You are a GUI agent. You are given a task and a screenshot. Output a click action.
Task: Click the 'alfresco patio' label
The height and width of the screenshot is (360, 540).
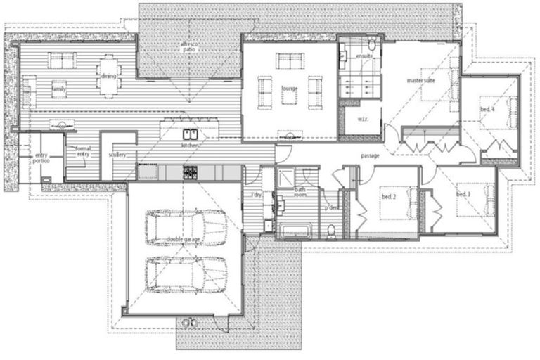click(x=188, y=46)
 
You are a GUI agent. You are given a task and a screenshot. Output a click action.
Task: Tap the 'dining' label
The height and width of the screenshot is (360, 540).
click(x=108, y=76)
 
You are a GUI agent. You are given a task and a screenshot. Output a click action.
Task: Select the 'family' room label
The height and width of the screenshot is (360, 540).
click(x=59, y=89)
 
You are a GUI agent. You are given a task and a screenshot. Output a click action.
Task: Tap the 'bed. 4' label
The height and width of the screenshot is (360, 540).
click(x=487, y=110)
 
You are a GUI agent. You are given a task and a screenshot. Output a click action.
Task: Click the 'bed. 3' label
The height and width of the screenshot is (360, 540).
click(x=463, y=194)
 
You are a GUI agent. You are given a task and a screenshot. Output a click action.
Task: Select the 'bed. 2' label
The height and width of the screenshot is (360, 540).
click(x=388, y=197)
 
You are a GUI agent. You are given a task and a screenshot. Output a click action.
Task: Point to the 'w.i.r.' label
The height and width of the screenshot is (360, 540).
click(x=364, y=119)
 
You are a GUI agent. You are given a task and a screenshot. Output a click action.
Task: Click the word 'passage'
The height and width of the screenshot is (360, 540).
click(x=371, y=155)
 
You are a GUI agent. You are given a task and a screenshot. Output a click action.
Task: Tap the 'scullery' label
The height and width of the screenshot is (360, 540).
click(x=117, y=155)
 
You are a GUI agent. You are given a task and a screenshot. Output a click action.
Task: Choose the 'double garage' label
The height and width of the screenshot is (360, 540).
click(x=184, y=240)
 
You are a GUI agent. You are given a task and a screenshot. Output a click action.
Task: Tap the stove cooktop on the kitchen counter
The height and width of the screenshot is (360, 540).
click(x=191, y=172)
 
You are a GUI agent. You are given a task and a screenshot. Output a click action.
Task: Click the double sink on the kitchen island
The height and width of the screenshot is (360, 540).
click(x=191, y=134)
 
